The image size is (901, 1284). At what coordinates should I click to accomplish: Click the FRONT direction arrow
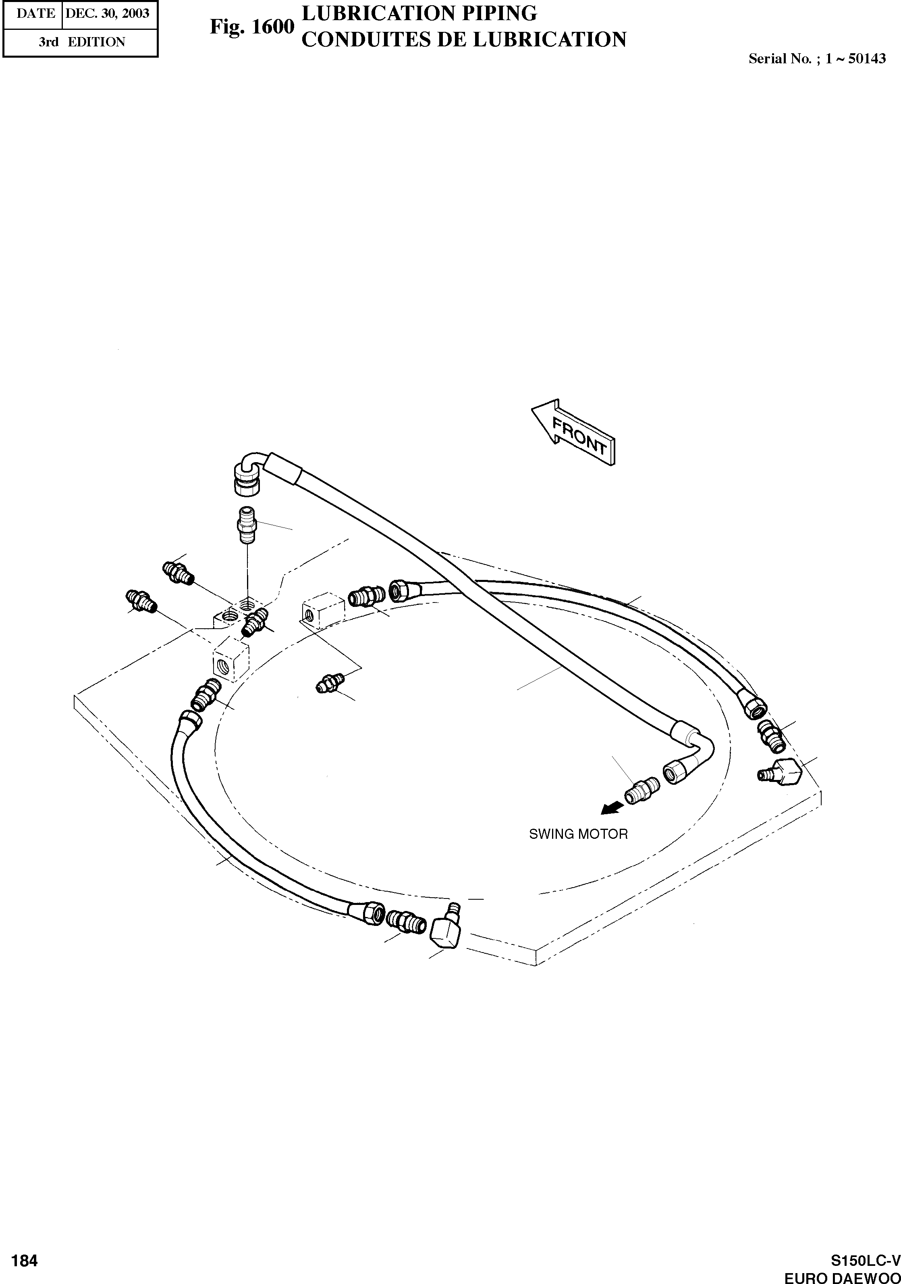(x=573, y=433)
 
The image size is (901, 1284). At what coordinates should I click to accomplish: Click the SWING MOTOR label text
(x=578, y=834)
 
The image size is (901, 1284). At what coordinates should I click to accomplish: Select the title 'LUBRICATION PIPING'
(x=419, y=13)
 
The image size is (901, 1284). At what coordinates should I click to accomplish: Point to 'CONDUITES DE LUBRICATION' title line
(x=464, y=40)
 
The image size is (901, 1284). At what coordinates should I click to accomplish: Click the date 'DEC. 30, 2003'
(x=107, y=13)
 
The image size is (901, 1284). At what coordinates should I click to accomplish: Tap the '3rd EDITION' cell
(x=82, y=42)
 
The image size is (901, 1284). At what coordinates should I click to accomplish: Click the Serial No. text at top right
(x=817, y=59)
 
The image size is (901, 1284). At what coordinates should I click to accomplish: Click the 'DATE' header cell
(x=35, y=13)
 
